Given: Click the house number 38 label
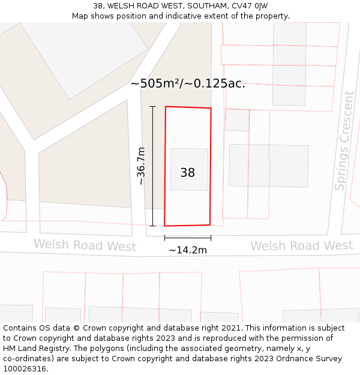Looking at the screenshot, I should [x=188, y=173].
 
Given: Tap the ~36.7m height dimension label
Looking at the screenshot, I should [x=141, y=166].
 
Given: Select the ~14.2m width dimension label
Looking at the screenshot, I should [x=188, y=250].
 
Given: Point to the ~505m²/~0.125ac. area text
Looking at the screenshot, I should [x=188, y=83].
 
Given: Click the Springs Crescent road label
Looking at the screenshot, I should [x=344, y=141].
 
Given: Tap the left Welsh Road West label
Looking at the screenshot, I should [x=85, y=245].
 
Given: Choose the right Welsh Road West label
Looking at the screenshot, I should [x=301, y=245].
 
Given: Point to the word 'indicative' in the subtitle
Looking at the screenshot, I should [x=190, y=16].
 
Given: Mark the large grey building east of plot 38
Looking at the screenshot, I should [x=268, y=165].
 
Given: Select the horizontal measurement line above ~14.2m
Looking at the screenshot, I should [x=188, y=238].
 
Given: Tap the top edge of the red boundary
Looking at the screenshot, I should [x=188, y=107].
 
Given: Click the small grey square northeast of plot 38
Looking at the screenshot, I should [x=237, y=119].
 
